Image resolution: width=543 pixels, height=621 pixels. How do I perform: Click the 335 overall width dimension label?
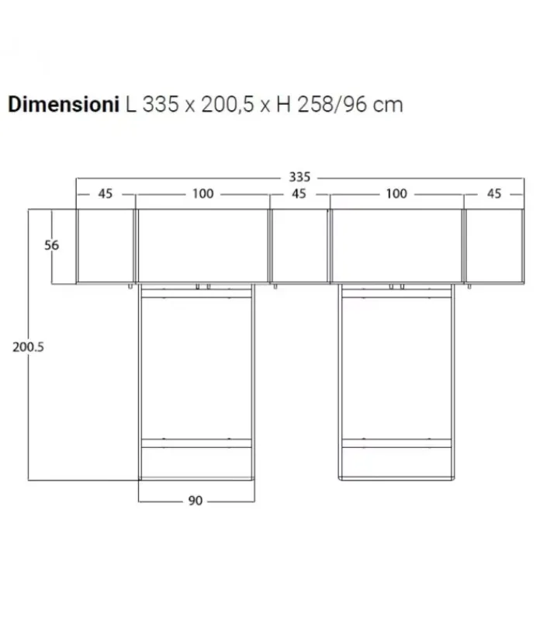(299, 178)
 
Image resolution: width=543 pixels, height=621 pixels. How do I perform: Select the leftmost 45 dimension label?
(105, 194)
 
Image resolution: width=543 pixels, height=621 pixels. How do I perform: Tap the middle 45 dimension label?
(299, 194)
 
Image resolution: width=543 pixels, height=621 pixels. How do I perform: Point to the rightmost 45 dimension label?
(494, 194)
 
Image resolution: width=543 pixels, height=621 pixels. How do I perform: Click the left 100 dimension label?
(202, 194)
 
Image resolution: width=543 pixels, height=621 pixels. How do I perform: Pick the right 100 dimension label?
(396, 194)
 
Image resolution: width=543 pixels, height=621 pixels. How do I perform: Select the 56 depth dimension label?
(52, 245)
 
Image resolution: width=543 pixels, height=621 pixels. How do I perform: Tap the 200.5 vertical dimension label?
(28, 348)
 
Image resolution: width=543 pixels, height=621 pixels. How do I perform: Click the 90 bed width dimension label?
(195, 501)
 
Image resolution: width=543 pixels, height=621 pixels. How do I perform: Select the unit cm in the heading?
(388, 105)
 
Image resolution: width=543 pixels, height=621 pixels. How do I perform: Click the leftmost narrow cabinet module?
(105, 246)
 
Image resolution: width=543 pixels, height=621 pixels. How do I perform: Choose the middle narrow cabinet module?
(299, 246)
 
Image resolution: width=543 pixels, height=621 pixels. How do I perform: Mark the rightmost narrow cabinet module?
(493, 246)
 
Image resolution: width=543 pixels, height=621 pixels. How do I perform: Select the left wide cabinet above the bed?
(202, 246)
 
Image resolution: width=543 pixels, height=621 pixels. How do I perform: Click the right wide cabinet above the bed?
(396, 246)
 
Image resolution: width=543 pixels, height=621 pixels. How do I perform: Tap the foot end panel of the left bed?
(196, 463)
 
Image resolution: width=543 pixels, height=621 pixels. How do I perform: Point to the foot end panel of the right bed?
(396, 463)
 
